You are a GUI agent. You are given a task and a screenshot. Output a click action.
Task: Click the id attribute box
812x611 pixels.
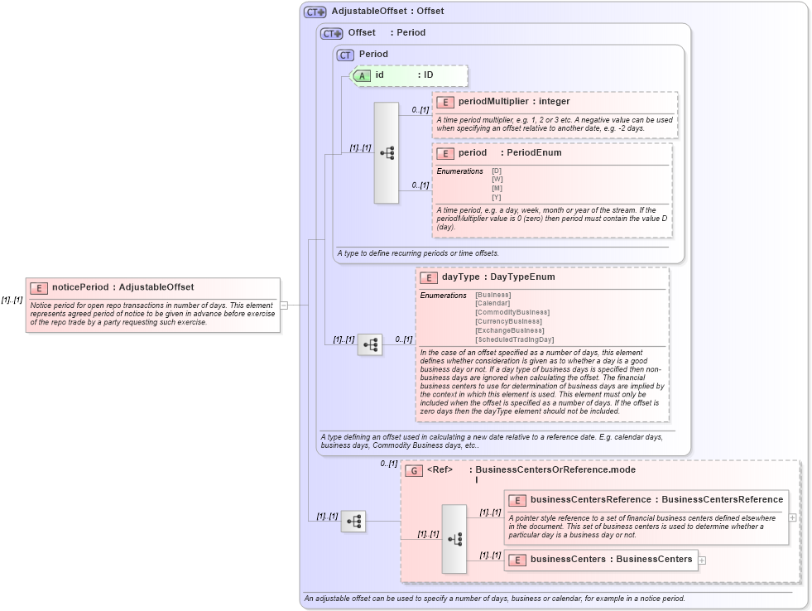coord(410,75)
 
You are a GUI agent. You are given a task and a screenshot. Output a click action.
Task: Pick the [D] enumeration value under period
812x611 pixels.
coord(497,171)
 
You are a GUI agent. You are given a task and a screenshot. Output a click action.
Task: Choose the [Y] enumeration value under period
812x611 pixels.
coord(497,197)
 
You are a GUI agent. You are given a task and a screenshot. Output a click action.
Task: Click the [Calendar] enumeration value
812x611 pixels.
coord(492,303)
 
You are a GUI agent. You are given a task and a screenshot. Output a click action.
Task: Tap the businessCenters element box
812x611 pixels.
coord(601,560)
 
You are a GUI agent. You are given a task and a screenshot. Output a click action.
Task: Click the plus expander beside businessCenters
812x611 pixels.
coord(703,560)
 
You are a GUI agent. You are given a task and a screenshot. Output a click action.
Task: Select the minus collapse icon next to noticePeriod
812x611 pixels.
coord(284,305)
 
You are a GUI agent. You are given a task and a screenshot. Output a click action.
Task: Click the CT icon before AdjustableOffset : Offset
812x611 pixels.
coord(315,12)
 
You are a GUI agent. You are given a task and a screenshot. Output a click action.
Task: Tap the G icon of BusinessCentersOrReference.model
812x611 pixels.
coord(414,470)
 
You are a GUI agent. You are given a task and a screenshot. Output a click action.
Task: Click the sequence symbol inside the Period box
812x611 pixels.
coord(387,153)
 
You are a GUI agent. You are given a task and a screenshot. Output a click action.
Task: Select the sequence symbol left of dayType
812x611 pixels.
coord(370,344)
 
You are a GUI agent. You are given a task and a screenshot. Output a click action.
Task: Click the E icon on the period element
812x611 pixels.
coord(445,153)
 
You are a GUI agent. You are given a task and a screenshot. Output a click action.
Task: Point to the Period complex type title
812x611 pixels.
coord(373,55)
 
